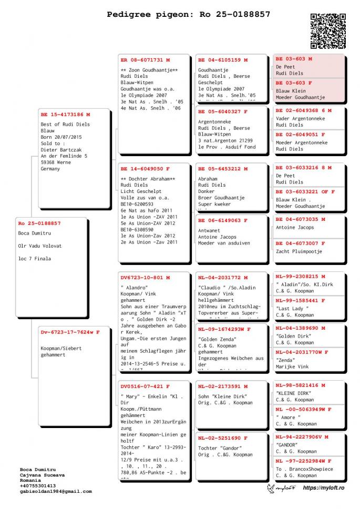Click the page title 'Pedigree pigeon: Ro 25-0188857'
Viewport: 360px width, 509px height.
[x=189, y=14]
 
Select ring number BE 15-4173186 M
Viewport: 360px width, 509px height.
[x=65, y=114]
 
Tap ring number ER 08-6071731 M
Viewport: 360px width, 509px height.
[x=145, y=60]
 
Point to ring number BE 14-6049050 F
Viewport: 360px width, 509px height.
[x=145, y=169]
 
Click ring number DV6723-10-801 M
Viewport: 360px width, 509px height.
[x=145, y=277]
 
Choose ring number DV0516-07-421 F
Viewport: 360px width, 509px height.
[x=145, y=386]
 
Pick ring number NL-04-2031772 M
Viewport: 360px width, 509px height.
[x=223, y=277]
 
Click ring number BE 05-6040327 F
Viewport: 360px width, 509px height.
[x=223, y=111]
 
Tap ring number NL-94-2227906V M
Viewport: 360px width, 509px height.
[x=302, y=436]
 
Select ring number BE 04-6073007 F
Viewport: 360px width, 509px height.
[x=301, y=243]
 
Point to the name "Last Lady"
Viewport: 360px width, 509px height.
[x=292, y=308]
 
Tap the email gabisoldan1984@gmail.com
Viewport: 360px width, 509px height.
[x=56, y=491]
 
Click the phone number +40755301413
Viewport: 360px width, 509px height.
[x=38, y=486]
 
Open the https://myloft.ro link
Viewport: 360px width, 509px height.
[x=323, y=488]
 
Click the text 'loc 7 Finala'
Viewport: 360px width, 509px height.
[x=35, y=259]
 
